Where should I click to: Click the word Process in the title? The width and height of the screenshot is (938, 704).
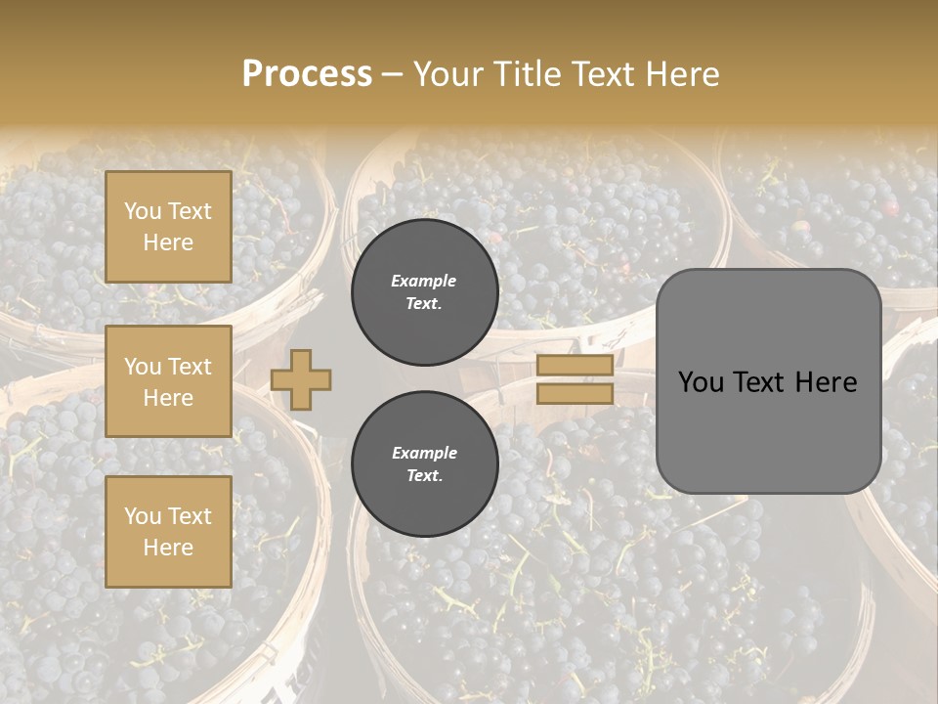tap(307, 74)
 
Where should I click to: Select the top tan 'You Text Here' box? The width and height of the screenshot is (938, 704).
tap(168, 227)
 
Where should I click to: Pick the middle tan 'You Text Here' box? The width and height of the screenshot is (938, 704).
tap(168, 381)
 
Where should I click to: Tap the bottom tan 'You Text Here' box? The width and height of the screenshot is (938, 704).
tap(168, 532)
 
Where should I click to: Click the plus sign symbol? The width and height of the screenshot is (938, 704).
tap(301, 379)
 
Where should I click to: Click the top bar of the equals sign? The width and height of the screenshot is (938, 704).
tap(576, 366)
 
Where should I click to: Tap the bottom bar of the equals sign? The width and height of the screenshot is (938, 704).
tap(576, 394)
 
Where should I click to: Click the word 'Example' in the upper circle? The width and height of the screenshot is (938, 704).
tap(424, 281)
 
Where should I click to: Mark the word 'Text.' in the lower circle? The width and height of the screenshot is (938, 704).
tap(424, 476)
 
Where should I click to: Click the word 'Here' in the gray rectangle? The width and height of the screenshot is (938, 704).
tap(826, 382)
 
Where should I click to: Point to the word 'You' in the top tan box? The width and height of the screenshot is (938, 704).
tap(143, 211)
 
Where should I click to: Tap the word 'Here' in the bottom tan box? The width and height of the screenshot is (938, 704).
tap(168, 548)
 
